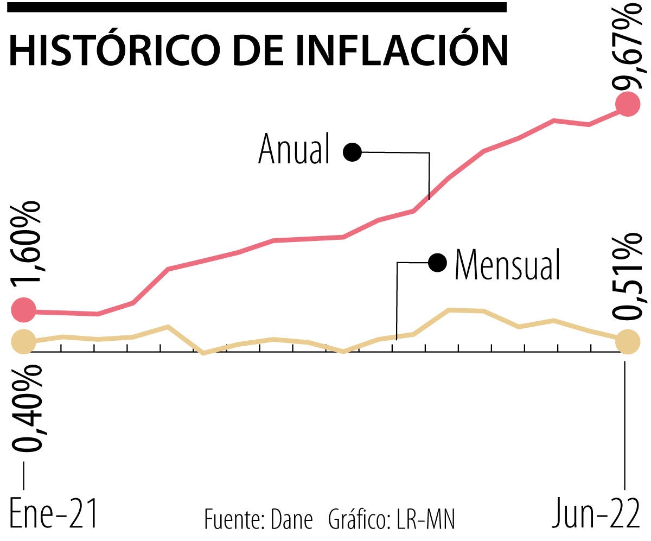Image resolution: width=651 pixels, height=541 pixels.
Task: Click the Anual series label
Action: pos(294,149)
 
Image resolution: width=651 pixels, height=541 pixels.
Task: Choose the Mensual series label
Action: pos(507,264)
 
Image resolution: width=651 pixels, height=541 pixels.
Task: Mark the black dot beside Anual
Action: pos(352,152)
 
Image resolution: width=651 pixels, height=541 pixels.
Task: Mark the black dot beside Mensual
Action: pos(437,263)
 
